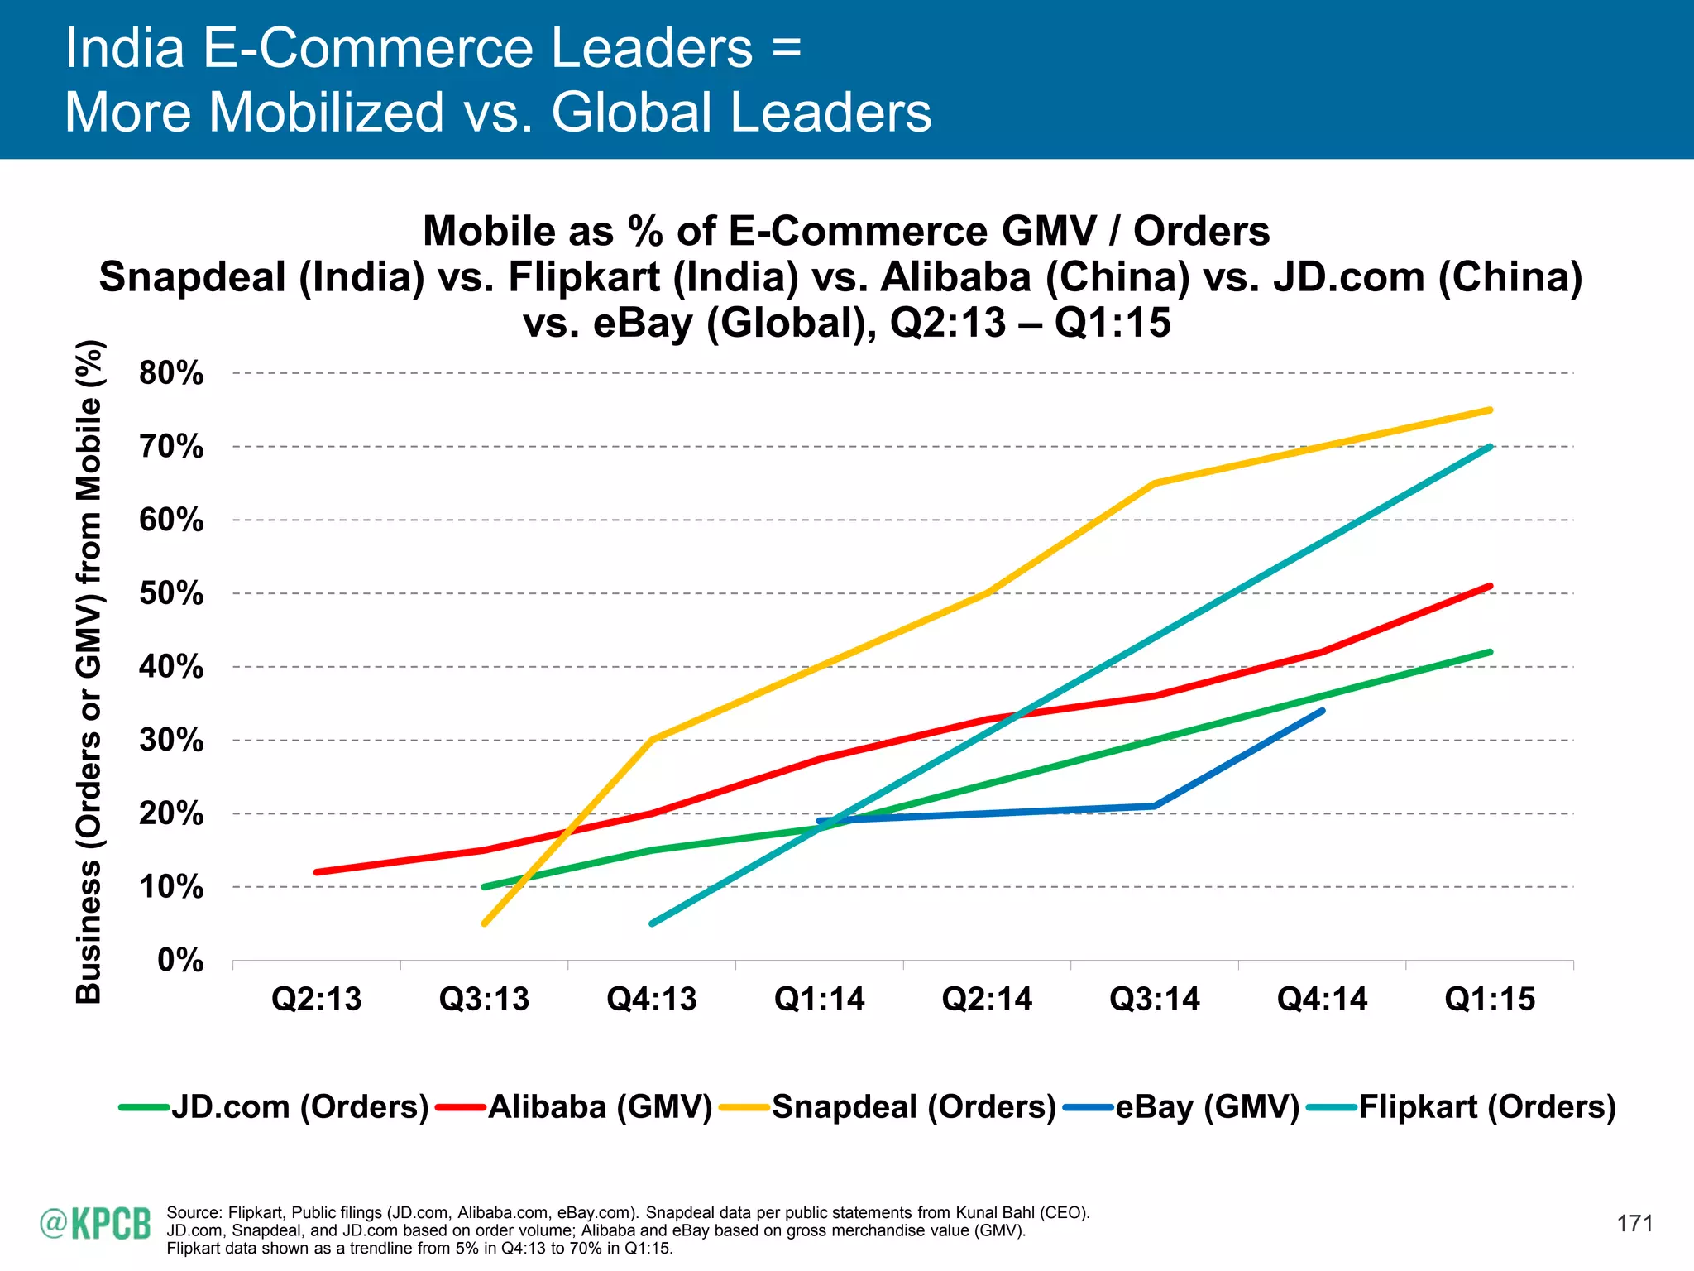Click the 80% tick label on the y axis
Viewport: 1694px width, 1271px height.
pos(171,373)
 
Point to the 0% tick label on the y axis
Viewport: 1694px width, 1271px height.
pos(180,961)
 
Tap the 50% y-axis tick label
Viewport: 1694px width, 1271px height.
pos(171,593)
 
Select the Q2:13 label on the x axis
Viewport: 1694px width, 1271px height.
pos(317,1000)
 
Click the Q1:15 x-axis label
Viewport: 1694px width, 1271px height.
pos(1490,1000)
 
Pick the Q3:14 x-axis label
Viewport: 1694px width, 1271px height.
pos(1155,1000)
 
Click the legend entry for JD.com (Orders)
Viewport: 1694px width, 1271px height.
pos(275,1107)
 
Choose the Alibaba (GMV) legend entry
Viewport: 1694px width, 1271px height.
pos(574,1107)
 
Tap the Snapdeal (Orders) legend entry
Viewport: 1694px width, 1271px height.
pos(888,1107)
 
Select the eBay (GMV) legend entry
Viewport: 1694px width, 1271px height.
pos(1182,1107)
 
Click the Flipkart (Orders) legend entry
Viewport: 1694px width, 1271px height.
pos(1462,1107)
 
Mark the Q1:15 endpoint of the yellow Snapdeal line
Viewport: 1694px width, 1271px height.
pos(1490,410)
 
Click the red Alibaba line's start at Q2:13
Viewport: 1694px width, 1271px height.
pos(318,872)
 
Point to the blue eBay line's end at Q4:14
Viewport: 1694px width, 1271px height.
pos(1322,711)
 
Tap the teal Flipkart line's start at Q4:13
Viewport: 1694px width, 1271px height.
pos(653,923)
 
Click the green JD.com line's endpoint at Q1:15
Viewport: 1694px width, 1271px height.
pos(1490,652)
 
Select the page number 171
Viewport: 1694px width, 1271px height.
pos(1634,1224)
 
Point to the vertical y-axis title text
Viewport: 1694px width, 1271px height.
pos(89,671)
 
